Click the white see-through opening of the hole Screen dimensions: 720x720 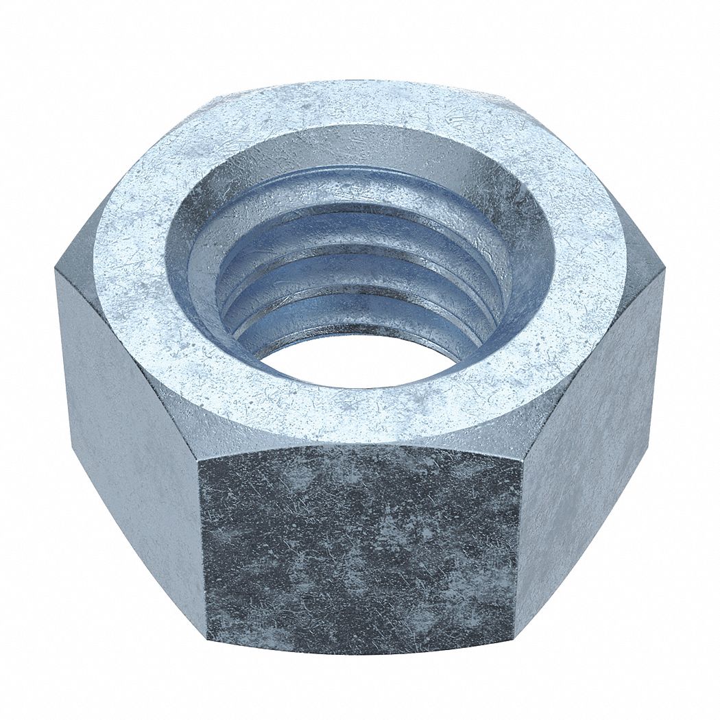tap(357, 360)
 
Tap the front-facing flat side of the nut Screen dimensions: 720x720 tap(360, 549)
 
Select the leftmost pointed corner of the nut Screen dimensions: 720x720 tap(55, 271)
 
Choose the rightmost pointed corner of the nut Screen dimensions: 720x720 tap(664, 271)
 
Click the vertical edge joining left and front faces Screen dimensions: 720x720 tap(202, 549)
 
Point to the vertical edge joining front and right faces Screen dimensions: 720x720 tap(517, 549)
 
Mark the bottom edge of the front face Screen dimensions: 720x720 tap(360, 652)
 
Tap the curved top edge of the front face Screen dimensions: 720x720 tap(360, 445)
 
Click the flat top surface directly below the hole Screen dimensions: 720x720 tap(360, 411)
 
